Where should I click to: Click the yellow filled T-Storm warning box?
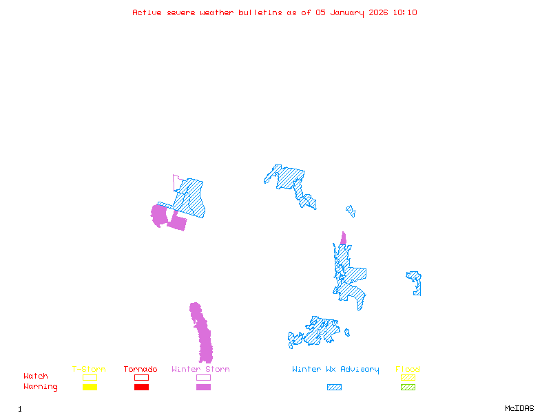90,387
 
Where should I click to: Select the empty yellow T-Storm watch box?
90,377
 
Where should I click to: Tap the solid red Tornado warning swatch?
141,387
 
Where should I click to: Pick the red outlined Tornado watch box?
141,377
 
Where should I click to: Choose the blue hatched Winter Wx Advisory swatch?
334,387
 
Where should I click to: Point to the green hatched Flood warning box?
408,387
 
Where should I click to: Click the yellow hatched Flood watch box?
408,377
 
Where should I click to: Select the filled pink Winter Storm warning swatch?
203,387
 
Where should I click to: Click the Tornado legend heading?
141,370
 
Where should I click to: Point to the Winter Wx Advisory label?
335,370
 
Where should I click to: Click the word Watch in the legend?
36,377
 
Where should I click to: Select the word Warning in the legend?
41,387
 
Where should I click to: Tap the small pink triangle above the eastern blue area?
343,239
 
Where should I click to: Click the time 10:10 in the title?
406,12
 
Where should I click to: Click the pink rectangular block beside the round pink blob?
178,222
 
